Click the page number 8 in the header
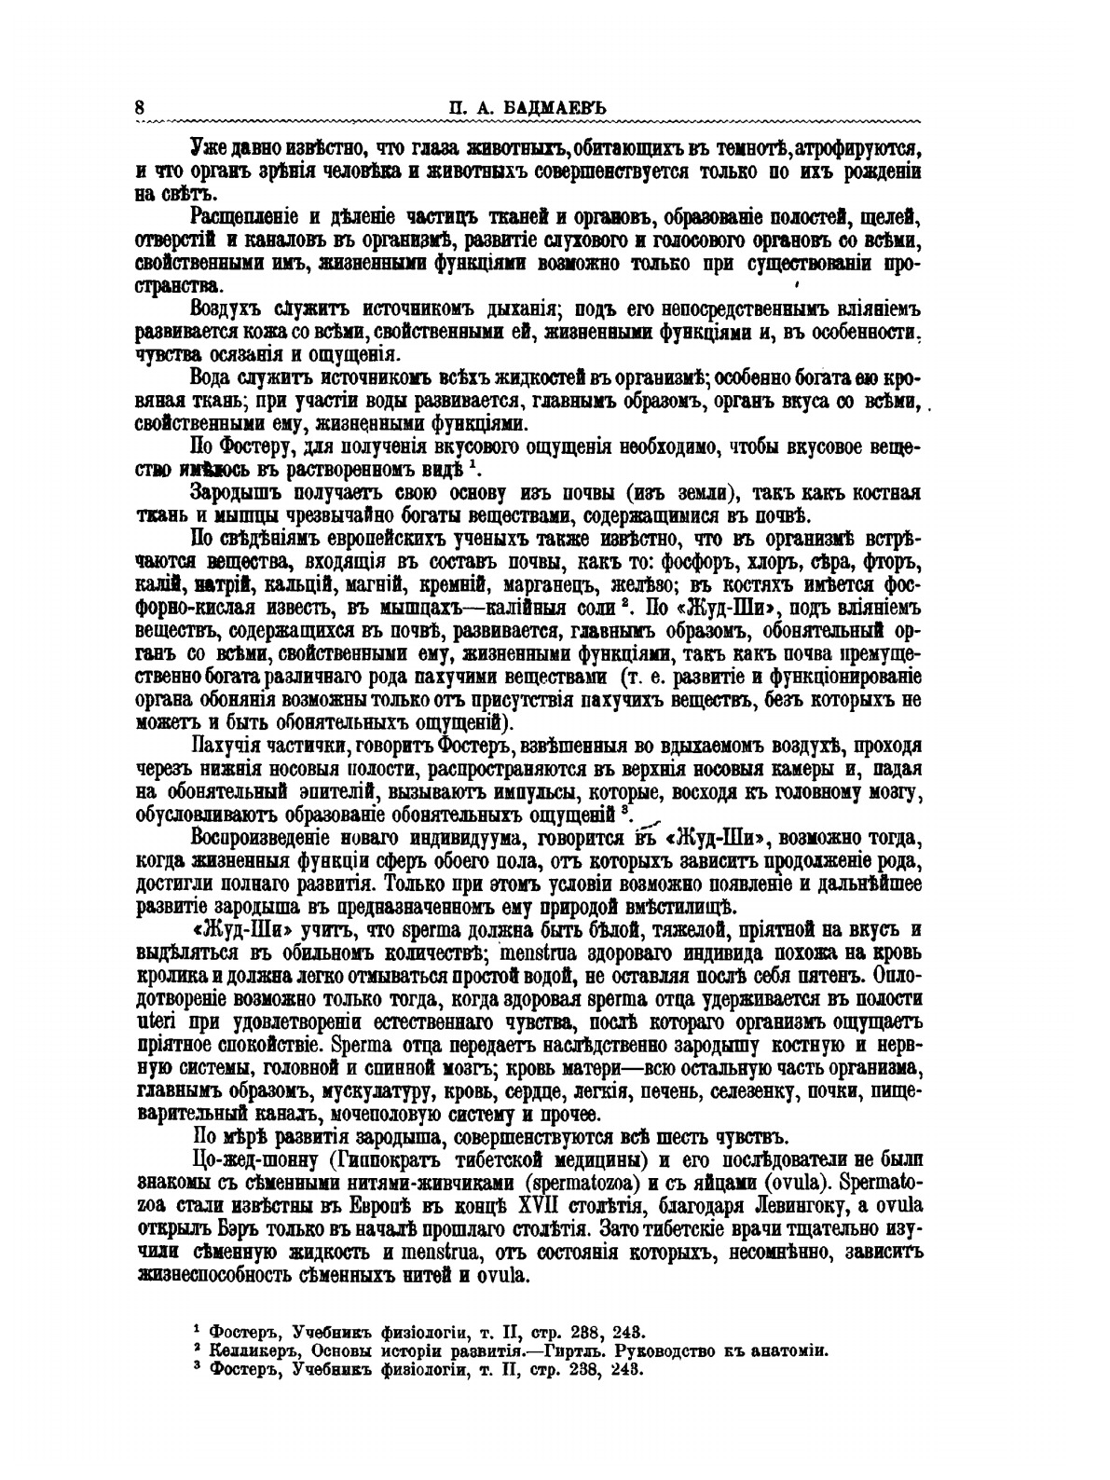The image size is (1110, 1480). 139,106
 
